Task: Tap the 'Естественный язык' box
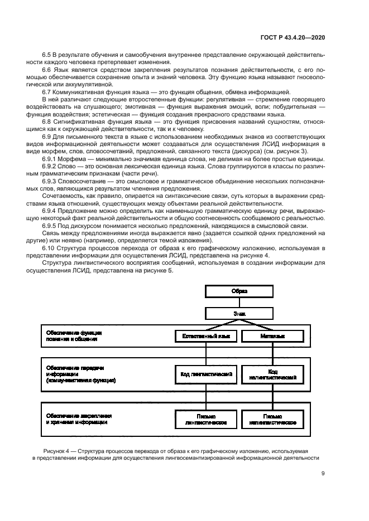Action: click(206, 337)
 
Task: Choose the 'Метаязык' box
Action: click(272, 337)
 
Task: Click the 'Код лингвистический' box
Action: click(206, 374)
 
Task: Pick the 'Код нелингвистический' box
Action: click(272, 374)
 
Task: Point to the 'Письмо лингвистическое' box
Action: click(206, 419)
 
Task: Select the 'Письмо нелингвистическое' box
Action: click(272, 419)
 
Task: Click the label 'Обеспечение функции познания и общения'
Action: click(74, 335)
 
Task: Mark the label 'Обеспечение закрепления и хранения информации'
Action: click(79, 419)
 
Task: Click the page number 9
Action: click(323, 474)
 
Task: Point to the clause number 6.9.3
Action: click(51, 181)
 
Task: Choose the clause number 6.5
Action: click(47, 55)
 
